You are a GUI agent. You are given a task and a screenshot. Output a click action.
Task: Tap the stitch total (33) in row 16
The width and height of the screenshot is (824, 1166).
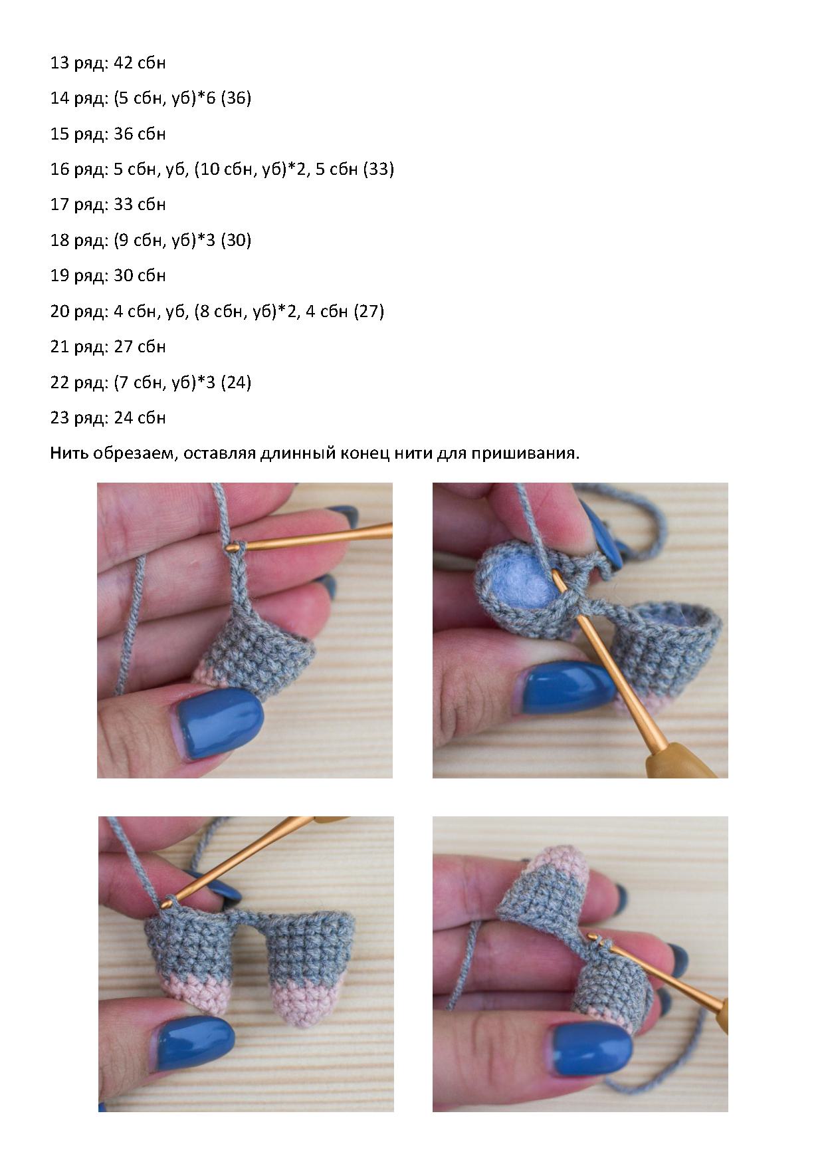[x=379, y=170]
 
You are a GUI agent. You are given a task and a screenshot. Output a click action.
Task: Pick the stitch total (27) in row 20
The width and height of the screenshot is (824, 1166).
[x=369, y=311]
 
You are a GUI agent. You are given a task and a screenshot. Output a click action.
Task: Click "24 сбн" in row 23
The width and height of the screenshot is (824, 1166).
[x=140, y=418]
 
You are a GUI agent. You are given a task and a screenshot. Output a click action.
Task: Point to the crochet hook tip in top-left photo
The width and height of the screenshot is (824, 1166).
[x=231, y=546]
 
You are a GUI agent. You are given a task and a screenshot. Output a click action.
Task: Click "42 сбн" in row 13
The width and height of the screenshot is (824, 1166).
[x=140, y=63]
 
